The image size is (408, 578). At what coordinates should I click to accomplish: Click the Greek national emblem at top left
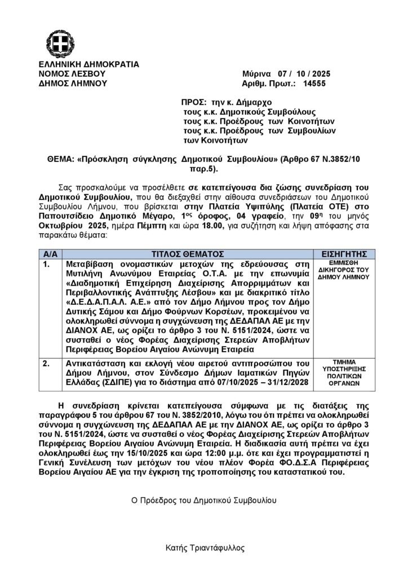(57, 43)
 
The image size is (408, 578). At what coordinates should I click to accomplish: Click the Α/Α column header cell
(48, 253)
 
